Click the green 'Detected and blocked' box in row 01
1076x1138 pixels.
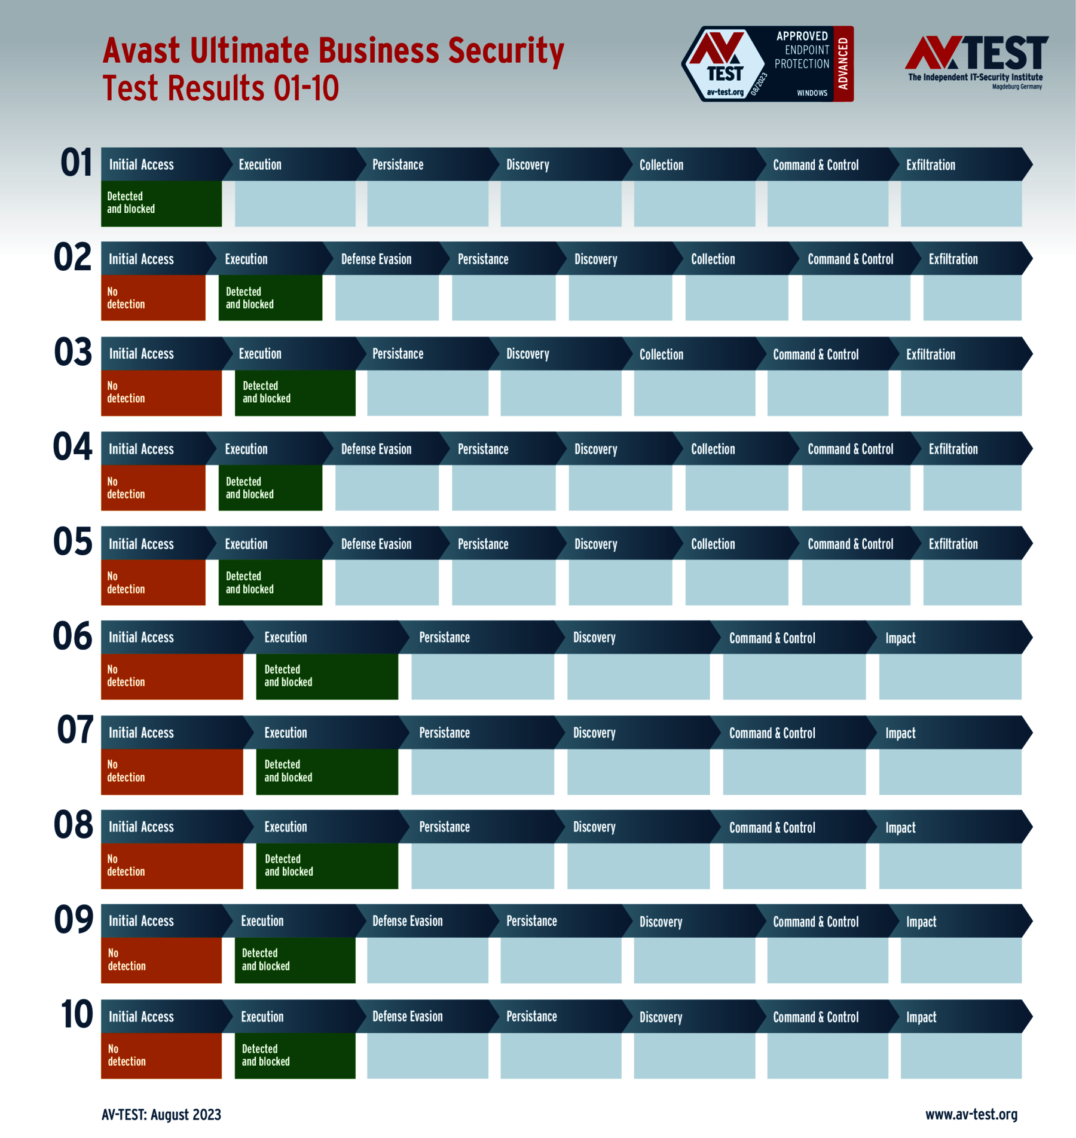(x=161, y=203)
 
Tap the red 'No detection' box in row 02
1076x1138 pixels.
(x=153, y=298)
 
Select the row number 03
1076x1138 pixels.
(x=73, y=353)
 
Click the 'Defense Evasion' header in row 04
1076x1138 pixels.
(x=376, y=449)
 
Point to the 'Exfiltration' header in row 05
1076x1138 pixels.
(x=953, y=544)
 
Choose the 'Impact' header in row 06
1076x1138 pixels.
(x=900, y=638)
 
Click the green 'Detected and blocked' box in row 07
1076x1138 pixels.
(x=327, y=771)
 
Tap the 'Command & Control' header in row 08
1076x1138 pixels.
(x=772, y=827)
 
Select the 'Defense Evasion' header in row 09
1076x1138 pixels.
(x=407, y=921)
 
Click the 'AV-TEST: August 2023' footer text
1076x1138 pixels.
(x=161, y=1115)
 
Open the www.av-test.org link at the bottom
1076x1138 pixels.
(x=971, y=1115)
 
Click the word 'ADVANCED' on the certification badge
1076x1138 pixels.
(x=843, y=63)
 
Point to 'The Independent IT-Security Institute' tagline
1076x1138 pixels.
(x=975, y=77)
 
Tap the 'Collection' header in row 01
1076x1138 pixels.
(x=661, y=165)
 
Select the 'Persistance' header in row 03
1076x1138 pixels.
(x=398, y=354)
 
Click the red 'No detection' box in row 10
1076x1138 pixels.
(x=161, y=1056)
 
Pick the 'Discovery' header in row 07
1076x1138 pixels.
(x=594, y=733)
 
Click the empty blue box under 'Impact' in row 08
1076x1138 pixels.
(x=950, y=866)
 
